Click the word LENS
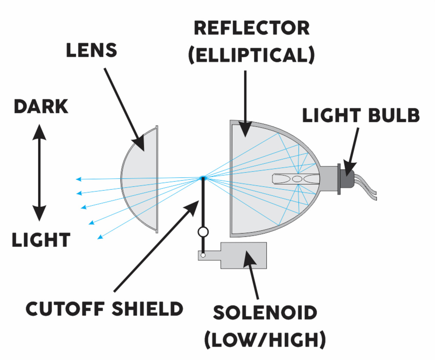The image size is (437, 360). (91, 50)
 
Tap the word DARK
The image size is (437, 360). (41, 107)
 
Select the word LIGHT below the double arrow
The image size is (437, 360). (41, 240)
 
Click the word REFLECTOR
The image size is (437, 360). (251, 28)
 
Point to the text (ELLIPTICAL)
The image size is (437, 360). (251, 55)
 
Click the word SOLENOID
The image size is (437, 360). (265, 313)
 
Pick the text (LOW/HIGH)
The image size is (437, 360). (265, 340)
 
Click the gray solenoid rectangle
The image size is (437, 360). (243, 255)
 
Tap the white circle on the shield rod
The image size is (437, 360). (203, 232)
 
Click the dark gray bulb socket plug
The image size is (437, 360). (347, 178)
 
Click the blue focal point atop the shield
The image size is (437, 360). (203, 177)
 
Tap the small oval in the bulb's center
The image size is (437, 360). (297, 178)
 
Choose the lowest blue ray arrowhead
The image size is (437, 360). (100, 237)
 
